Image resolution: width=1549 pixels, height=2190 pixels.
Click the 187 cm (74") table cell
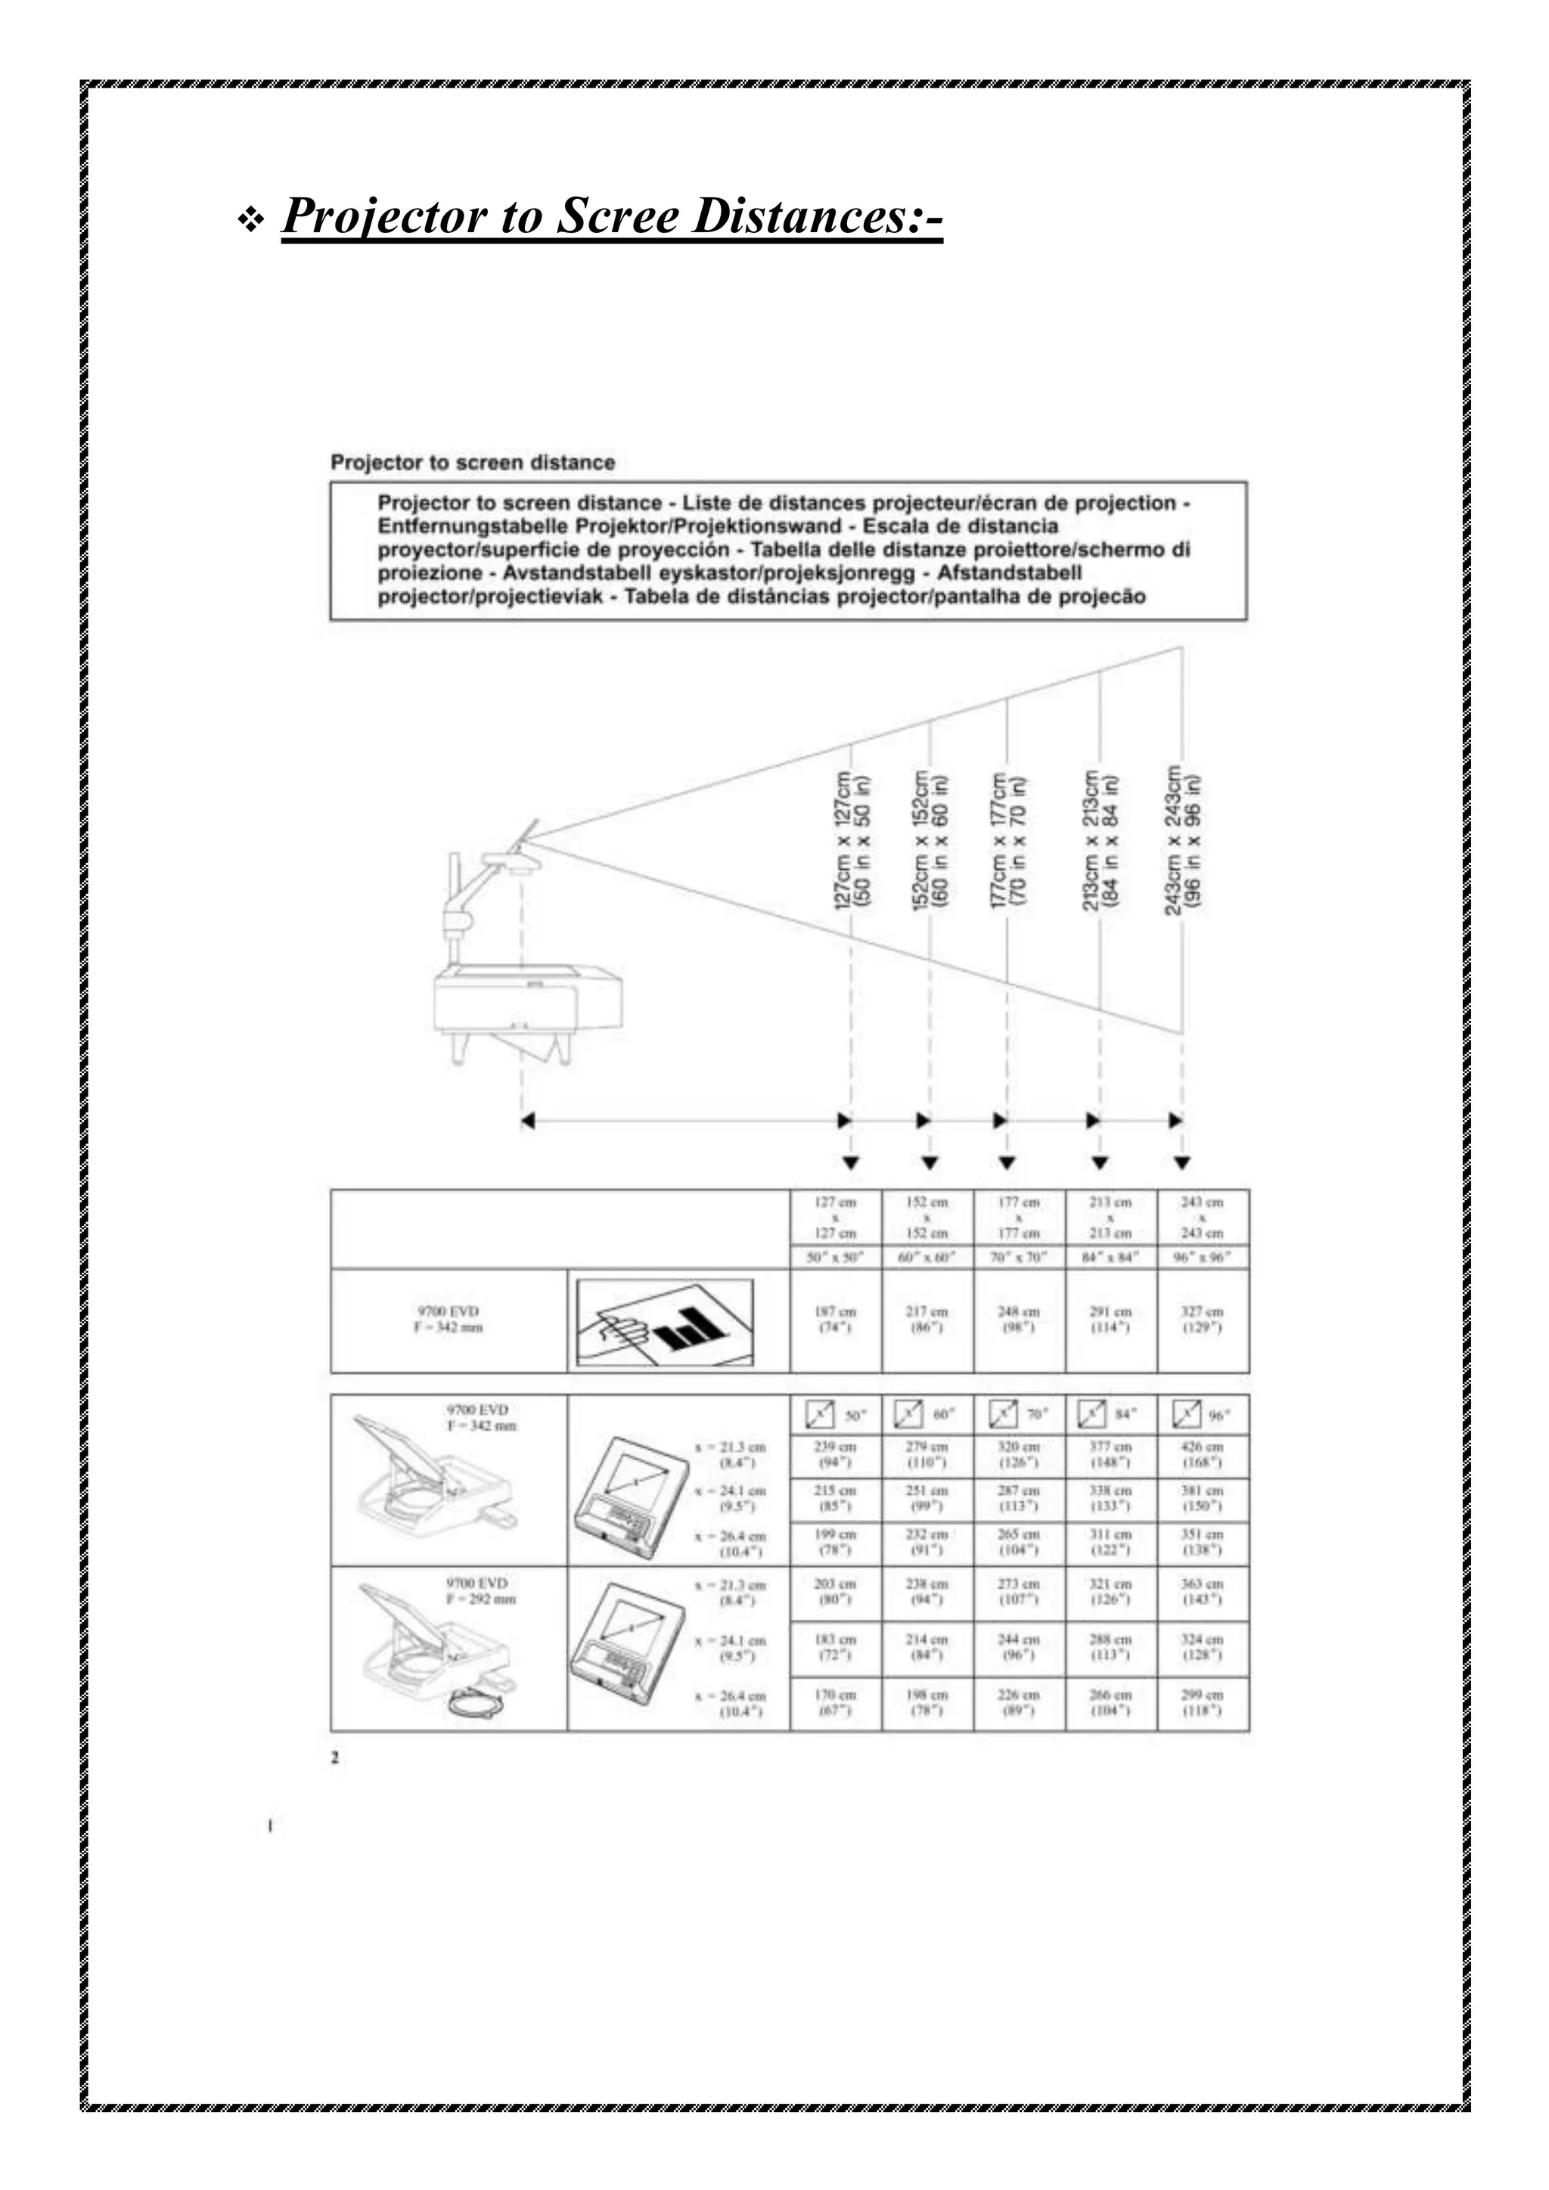click(836, 1320)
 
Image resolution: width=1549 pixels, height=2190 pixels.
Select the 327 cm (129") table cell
click(1203, 1320)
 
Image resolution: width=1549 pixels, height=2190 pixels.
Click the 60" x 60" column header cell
click(927, 1257)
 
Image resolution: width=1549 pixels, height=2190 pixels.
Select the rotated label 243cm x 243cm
click(1184, 839)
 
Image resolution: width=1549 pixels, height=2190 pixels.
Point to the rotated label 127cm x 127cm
click(852, 839)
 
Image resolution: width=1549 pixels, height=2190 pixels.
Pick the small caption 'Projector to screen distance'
click(472, 463)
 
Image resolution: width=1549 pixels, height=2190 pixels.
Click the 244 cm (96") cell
click(1019, 1646)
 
